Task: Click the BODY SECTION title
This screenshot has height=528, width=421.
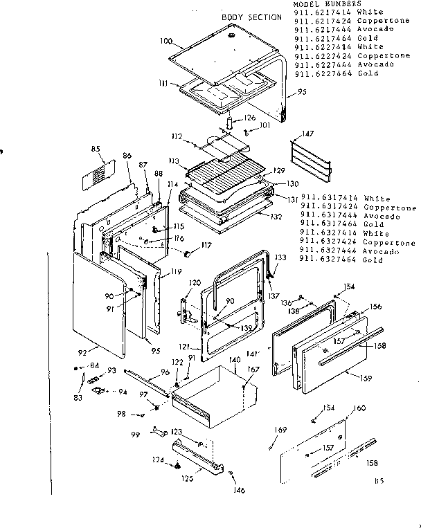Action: (x=251, y=17)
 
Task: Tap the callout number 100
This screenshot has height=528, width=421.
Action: (x=165, y=42)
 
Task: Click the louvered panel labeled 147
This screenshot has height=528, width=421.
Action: (x=308, y=158)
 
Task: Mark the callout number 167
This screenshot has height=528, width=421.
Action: (x=254, y=370)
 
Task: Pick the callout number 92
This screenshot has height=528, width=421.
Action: (x=84, y=354)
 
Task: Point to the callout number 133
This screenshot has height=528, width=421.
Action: (x=280, y=257)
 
